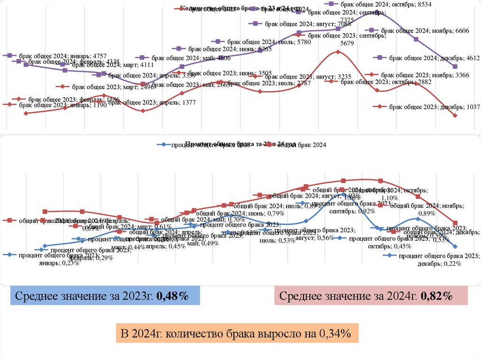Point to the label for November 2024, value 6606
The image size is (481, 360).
tap(425, 31)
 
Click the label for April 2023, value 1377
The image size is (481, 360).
tap(152, 102)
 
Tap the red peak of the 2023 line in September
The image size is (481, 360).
tap(338, 52)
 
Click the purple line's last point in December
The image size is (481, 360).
tap(455, 67)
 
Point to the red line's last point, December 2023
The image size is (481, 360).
tap(455, 115)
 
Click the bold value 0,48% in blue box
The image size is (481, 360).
tap(172, 296)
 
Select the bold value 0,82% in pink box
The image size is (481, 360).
tap(436, 296)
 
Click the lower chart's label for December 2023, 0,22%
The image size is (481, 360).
tap(439, 260)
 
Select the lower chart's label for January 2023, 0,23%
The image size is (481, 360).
tap(59, 259)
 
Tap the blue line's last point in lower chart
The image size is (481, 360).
tap(455, 246)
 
